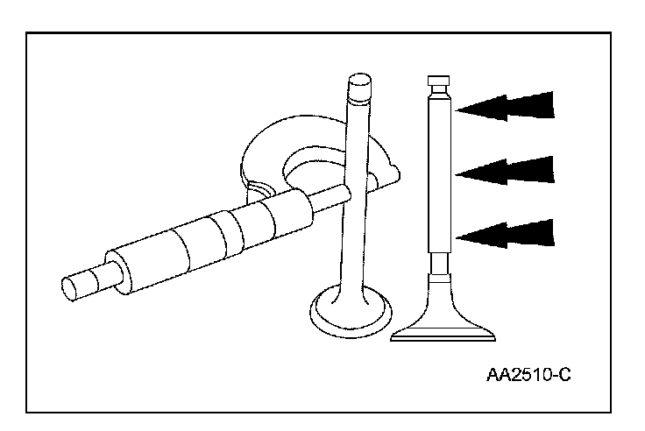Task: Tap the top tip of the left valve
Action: (x=359, y=84)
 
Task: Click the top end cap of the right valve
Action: (x=441, y=84)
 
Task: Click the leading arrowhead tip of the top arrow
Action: (x=457, y=108)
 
